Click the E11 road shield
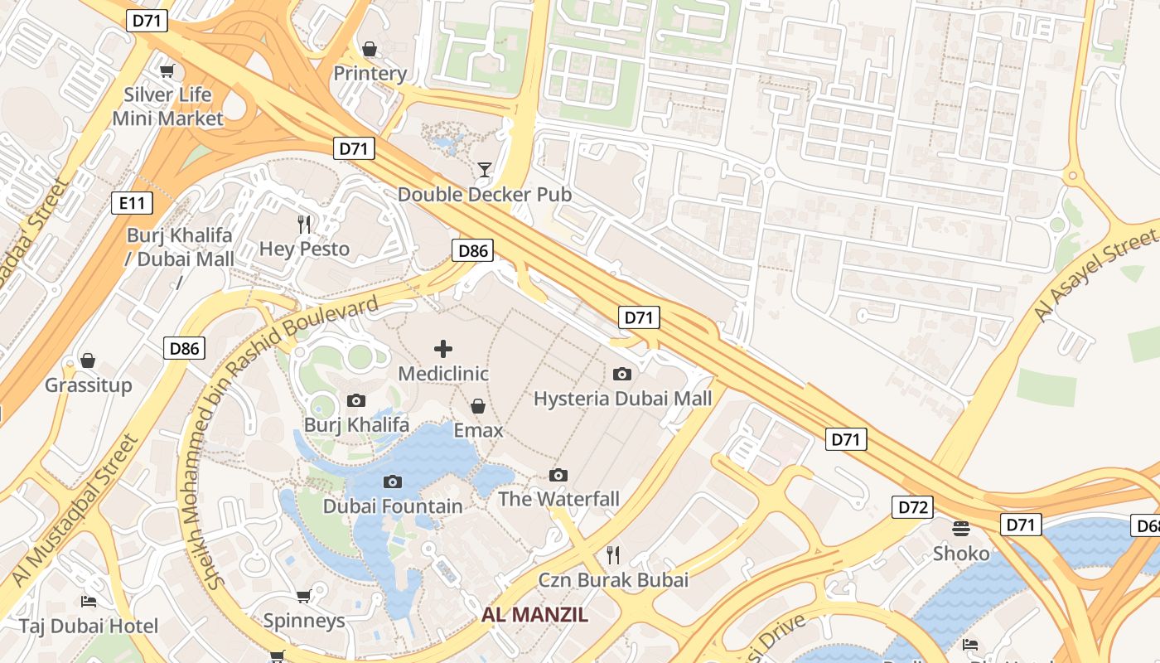pyautogui.click(x=132, y=201)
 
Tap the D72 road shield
pyautogui.click(x=912, y=506)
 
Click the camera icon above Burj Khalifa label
pyautogui.click(x=356, y=401)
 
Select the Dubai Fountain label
pyautogui.click(x=393, y=506)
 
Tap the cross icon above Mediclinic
pyautogui.click(x=443, y=349)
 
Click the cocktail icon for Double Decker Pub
pyautogui.click(x=485, y=170)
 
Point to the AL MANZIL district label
pyautogui.click(x=534, y=615)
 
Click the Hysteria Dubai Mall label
pyautogui.click(x=622, y=399)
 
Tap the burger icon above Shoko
pyautogui.click(x=961, y=529)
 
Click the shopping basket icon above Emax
pyautogui.click(x=478, y=406)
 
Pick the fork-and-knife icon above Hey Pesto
pyautogui.click(x=304, y=224)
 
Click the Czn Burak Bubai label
pyautogui.click(x=613, y=579)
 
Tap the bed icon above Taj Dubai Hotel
pyautogui.click(x=89, y=601)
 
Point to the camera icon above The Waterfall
pyautogui.click(x=558, y=475)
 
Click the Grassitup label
pyautogui.click(x=88, y=385)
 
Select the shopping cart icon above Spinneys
pyautogui.click(x=303, y=596)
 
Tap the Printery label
pyautogui.click(x=370, y=74)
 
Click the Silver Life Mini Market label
pyautogui.click(x=167, y=106)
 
